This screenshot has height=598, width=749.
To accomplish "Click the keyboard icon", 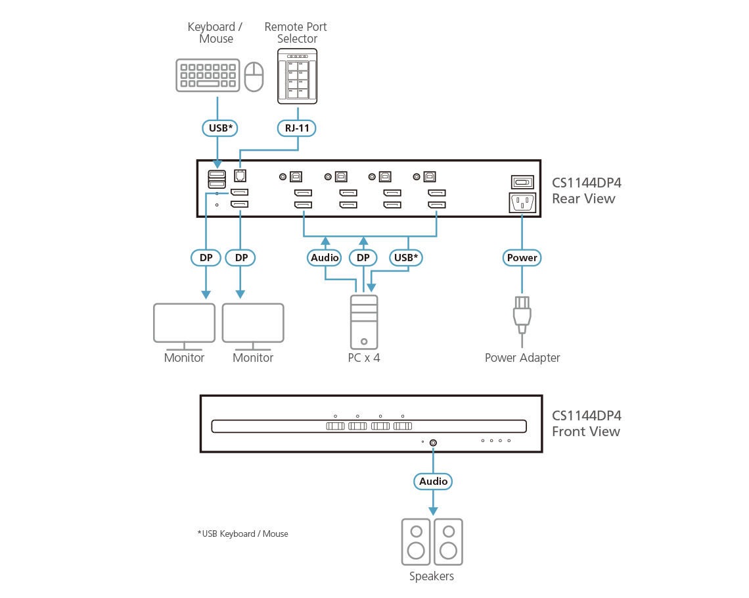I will (x=207, y=76).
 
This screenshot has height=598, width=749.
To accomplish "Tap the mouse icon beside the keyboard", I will (x=254, y=77).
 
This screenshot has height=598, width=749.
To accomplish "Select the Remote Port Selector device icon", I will (x=297, y=76).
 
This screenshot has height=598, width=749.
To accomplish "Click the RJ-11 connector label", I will (x=298, y=128).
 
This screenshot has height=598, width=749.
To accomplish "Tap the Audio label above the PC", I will (x=325, y=258).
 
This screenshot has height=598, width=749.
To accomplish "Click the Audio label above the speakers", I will (x=433, y=482).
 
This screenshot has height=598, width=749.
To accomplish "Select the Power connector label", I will (x=522, y=258).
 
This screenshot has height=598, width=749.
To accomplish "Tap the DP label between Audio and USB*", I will (x=363, y=258).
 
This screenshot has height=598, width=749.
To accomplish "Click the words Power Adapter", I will (x=522, y=358).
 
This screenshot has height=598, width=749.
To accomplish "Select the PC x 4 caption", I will (x=364, y=358).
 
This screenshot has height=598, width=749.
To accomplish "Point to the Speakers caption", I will (x=432, y=576).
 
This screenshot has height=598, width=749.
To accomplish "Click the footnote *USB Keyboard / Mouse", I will (x=243, y=534).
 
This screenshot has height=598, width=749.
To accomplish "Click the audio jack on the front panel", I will (x=433, y=443).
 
